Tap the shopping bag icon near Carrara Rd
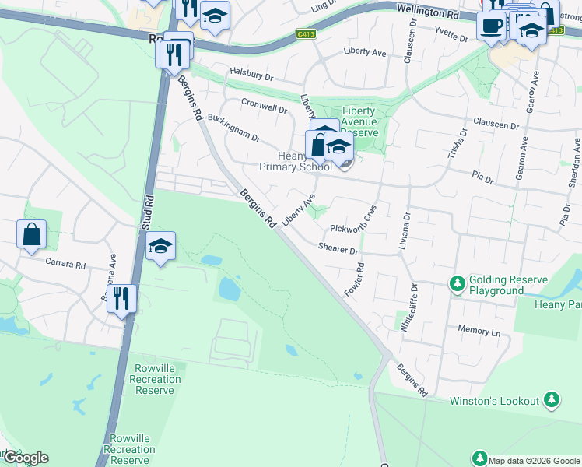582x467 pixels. coord(31,234)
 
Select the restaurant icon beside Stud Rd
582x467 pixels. coord(121,298)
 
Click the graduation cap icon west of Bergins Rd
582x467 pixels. coord(160,247)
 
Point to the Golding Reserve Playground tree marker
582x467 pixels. coord(458,285)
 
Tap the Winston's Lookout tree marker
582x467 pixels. coord(552,400)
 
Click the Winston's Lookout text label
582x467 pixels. coord(495,401)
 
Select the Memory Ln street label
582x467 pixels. coord(479,330)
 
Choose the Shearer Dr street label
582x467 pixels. coord(338,248)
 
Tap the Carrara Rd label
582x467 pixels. coord(65,264)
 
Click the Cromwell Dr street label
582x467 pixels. coord(264,107)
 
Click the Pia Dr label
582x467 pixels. coord(482,178)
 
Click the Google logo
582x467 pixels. coord(26,458)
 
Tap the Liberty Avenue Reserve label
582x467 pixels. coord(359,122)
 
